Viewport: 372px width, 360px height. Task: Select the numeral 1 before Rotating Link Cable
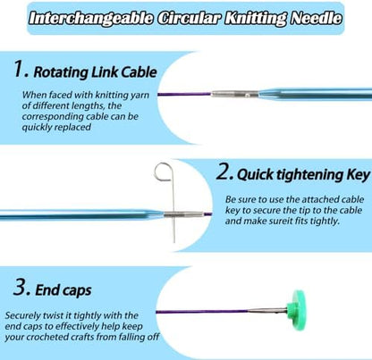tap(20, 69)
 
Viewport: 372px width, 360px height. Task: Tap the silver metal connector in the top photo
tap(234, 95)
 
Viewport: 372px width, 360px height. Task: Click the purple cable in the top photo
tap(184, 95)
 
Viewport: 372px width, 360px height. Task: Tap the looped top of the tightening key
tap(164, 172)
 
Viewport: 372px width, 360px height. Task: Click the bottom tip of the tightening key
tap(174, 241)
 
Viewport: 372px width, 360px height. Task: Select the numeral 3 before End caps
tap(21, 288)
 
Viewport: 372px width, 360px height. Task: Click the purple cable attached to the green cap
tap(202, 312)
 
